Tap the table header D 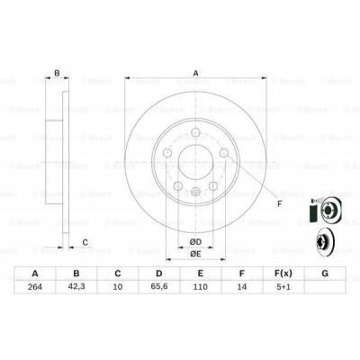(157, 274)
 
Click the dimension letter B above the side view (58, 74)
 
